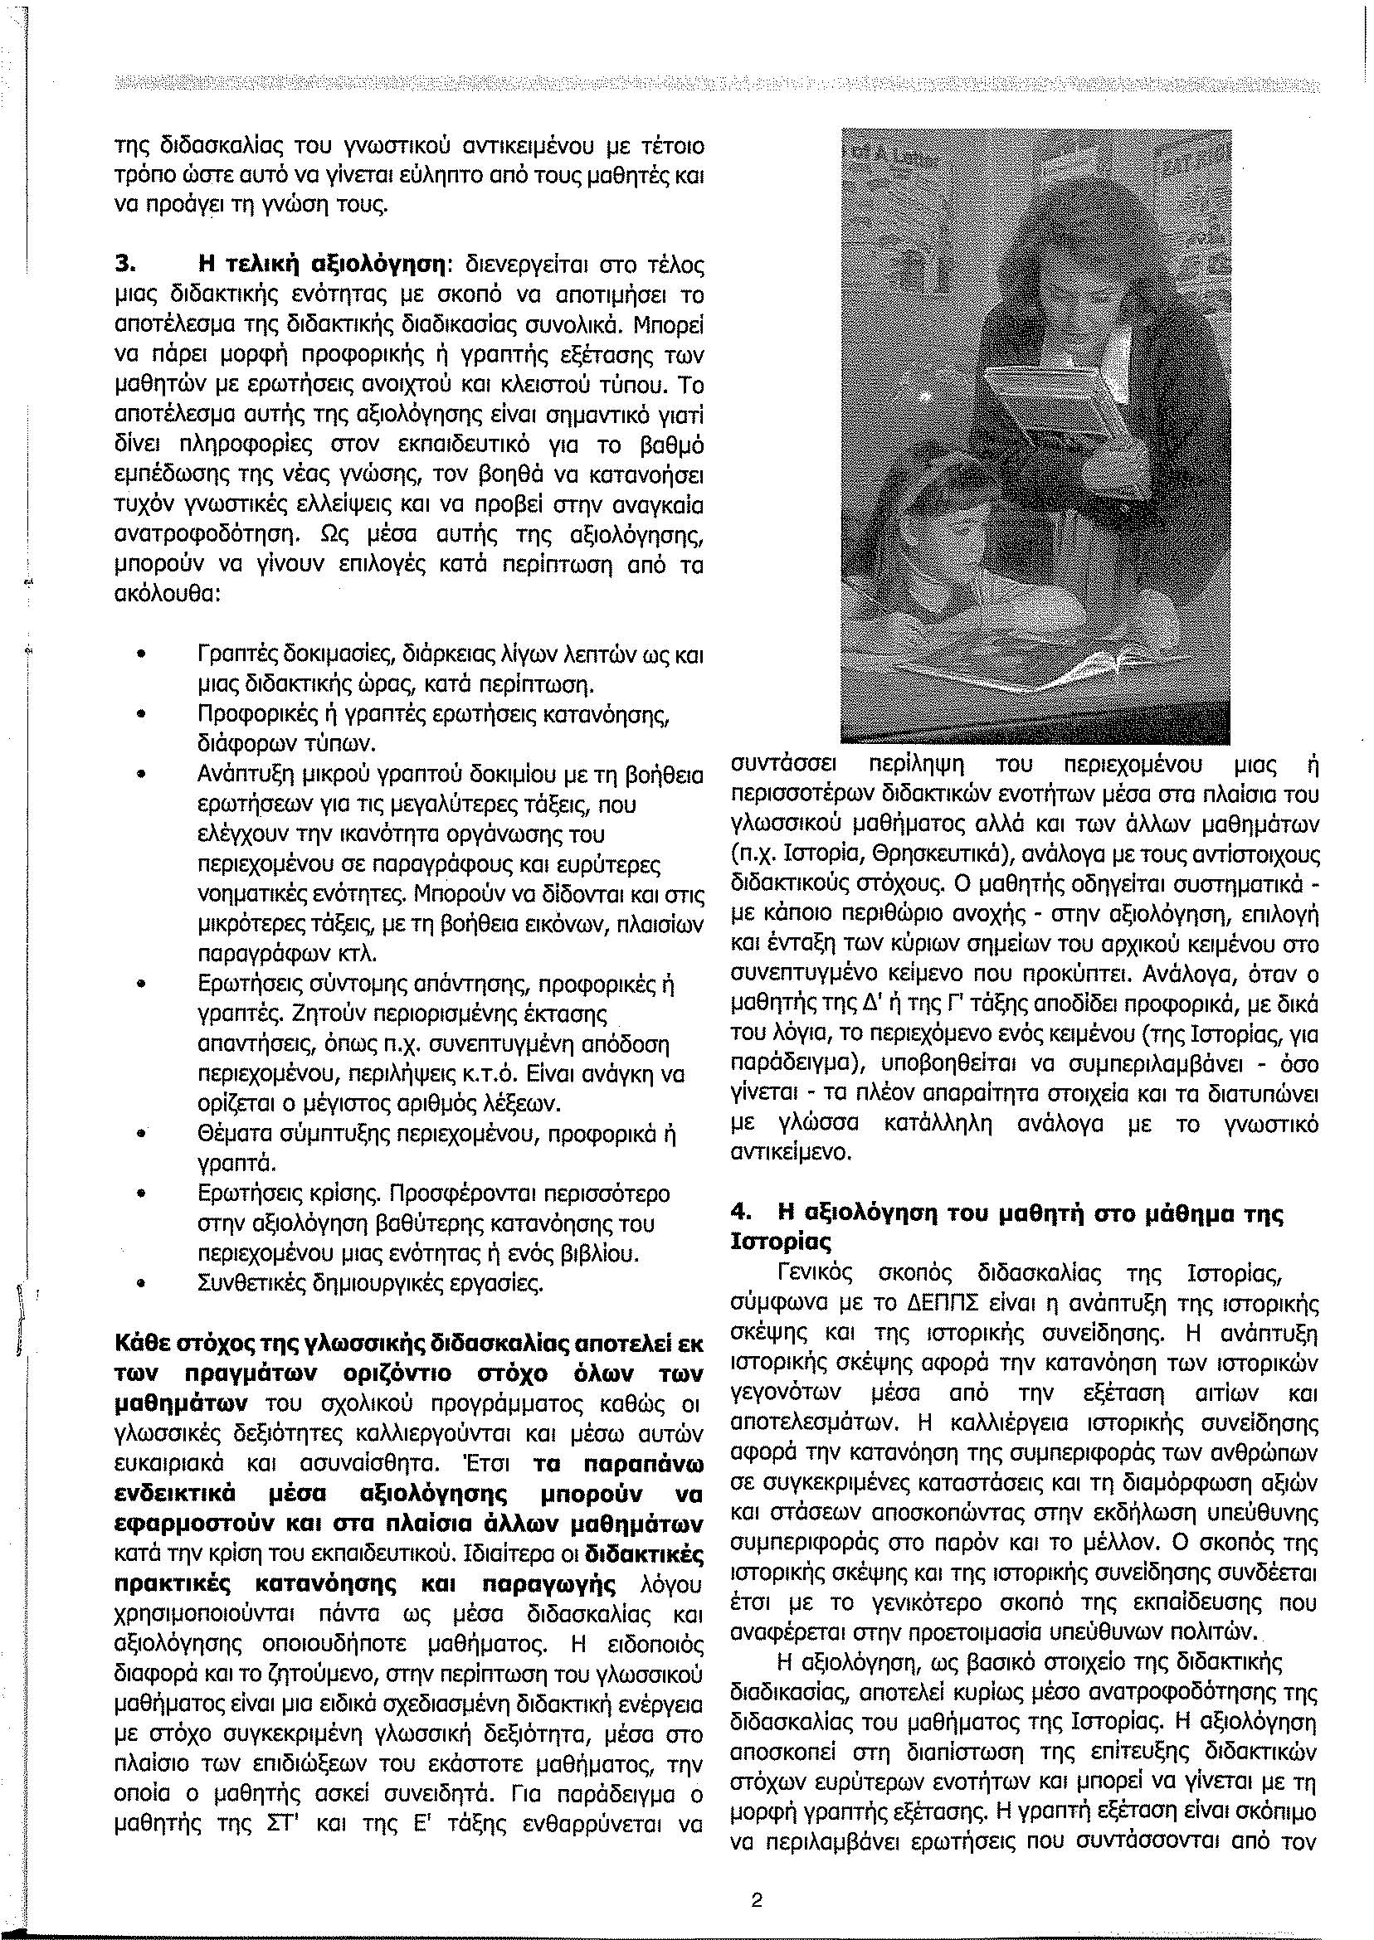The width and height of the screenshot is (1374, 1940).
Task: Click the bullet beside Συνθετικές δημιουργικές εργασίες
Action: coord(142,1284)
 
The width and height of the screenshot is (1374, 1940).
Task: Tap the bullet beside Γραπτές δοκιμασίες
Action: coord(142,655)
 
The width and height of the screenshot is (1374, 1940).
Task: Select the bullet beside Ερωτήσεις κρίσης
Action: coord(142,1194)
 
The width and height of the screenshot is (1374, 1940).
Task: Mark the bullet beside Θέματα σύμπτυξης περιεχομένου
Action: coord(142,1134)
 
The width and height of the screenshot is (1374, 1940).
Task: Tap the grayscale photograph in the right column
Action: coord(1035,435)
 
